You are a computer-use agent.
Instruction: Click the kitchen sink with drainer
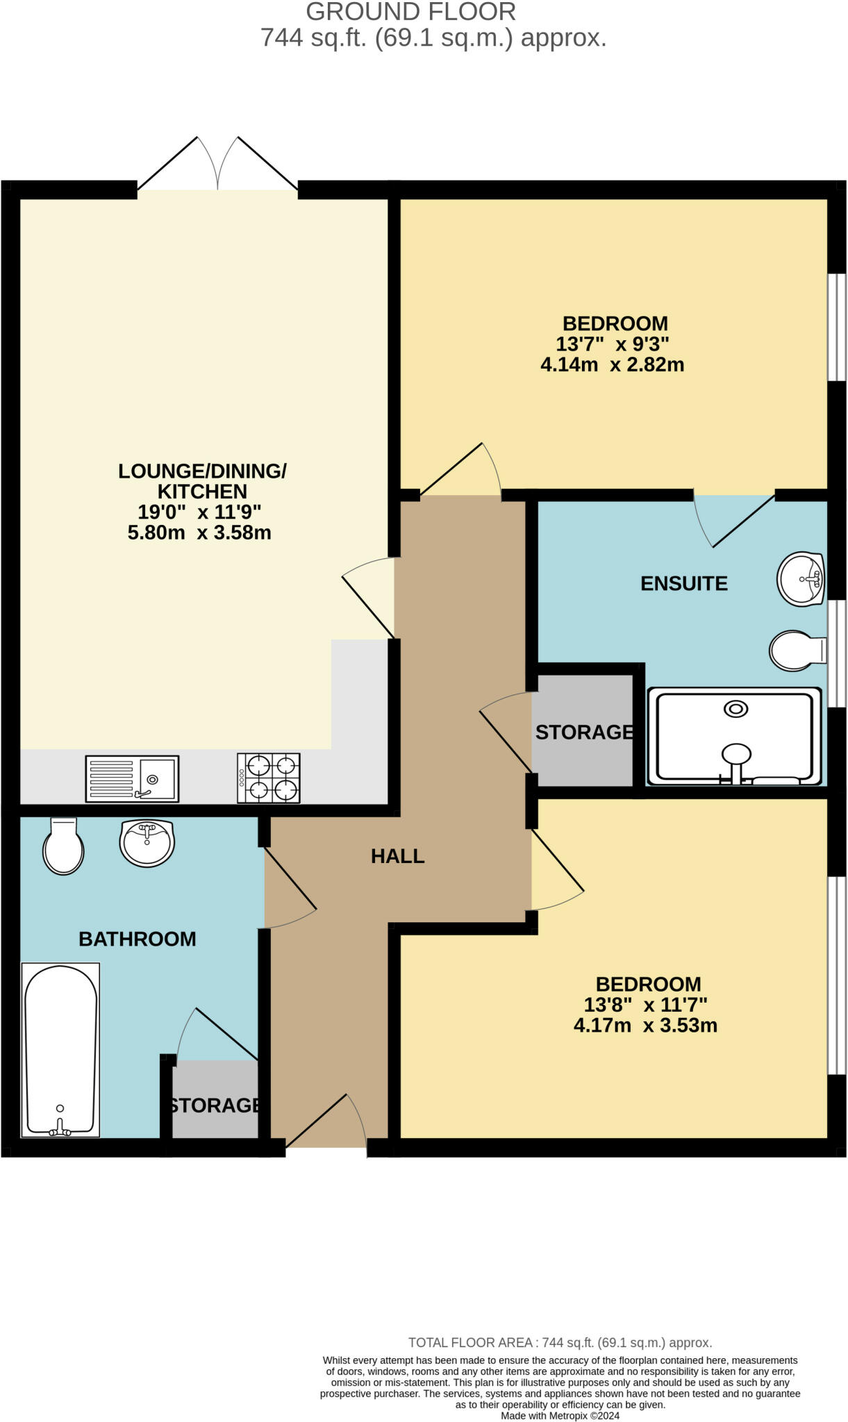[132, 779]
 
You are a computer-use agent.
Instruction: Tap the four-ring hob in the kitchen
[269, 778]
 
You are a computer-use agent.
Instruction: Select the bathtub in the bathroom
[60, 1049]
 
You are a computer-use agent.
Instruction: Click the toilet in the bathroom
[63, 846]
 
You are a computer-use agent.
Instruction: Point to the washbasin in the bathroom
[147, 842]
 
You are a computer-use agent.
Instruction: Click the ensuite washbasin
[800, 579]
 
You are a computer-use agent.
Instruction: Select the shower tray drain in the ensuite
[735, 709]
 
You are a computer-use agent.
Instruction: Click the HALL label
[397, 856]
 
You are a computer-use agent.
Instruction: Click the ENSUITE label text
[683, 583]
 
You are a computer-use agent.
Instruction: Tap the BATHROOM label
[138, 939]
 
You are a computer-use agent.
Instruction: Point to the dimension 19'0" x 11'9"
[199, 512]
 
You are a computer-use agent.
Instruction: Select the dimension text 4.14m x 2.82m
[612, 365]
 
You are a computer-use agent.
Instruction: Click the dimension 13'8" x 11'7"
[645, 1005]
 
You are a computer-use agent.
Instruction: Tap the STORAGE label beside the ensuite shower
[584, 732]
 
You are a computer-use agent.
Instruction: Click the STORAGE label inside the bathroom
[215, 1105]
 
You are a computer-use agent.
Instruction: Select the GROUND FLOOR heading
[410, 12]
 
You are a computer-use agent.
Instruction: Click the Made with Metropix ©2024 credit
[560, 1416]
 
